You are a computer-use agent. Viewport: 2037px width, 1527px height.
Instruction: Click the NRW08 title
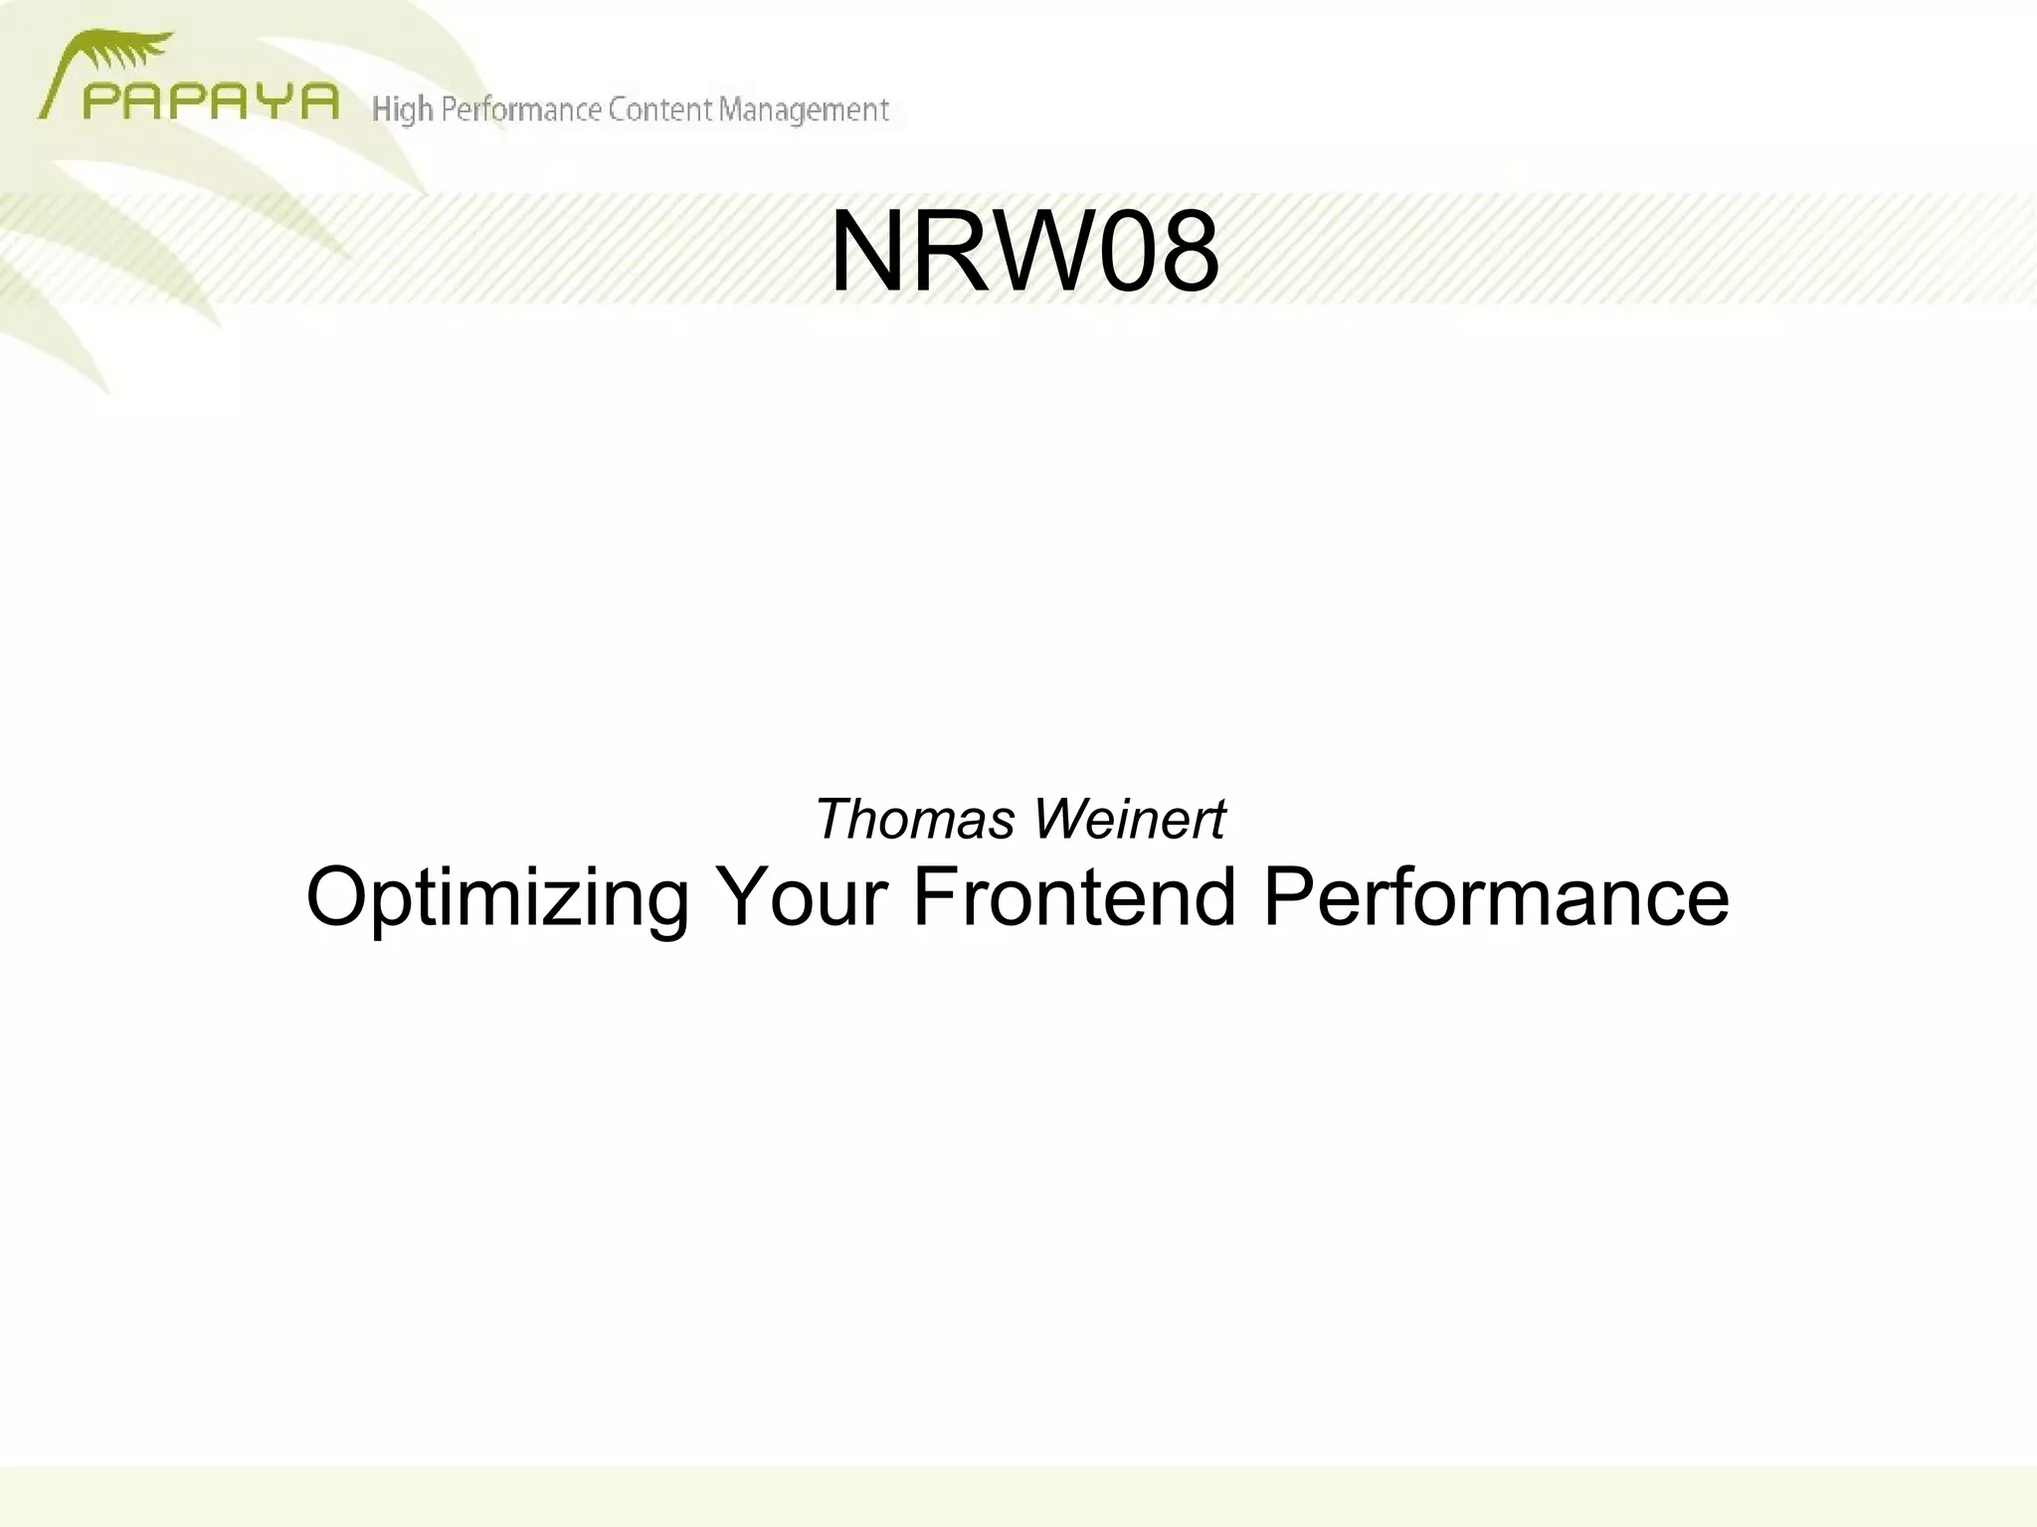coord(1024,253)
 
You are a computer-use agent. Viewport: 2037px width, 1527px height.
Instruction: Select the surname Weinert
coord(1129,820)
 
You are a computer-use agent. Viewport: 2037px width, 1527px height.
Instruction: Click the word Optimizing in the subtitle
coord(496,897)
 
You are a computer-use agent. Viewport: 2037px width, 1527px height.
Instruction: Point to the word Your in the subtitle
coord(801,897)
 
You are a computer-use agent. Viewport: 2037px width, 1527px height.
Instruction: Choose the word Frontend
coord(1073,897)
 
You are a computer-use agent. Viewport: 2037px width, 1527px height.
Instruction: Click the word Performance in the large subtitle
coord(1496,897)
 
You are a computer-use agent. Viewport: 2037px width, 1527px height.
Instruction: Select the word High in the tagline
coord(402,109)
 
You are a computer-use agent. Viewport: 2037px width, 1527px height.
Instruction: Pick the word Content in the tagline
coord(660,109)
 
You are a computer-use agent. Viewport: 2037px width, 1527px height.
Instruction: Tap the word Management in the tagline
coord(804,109)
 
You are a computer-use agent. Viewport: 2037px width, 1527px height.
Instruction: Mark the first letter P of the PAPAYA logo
coord(100,101)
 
